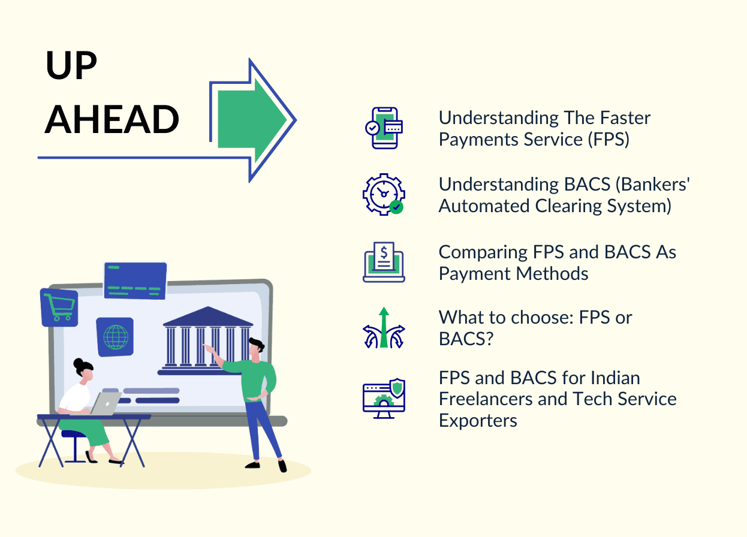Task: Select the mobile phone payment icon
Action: pyautogui.click(x=384, y=128)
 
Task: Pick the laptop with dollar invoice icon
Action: pyautogui.click(x=384, y=262)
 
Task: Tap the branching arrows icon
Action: pyautogui.click(x=384, y=328)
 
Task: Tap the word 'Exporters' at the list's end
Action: pyautogui.click(x=478, y=420)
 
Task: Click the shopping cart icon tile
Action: pyautogui.click(x=59, y=307)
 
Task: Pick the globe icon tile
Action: pyautogui.click(x=115, y=337)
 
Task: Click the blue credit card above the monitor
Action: pyautogui.click(x=135, y=280)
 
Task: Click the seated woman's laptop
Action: pyautogui.click(x=105, y=403)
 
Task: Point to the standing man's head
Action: pyautogui.click(x=256, y=350)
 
